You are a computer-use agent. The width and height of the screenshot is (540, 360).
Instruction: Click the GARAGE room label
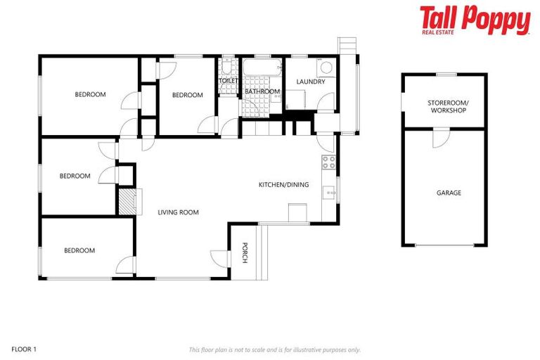click(x=449, y=193)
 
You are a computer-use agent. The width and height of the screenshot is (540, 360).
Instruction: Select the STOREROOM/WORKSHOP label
click(x=447, y=107)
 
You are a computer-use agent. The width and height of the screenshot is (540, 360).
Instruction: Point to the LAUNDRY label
click(x=310, y=82)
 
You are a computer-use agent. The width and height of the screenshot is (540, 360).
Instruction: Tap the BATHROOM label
click(x=262, y=91)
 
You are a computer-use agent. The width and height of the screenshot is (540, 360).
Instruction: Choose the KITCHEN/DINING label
click(x=283, y=185)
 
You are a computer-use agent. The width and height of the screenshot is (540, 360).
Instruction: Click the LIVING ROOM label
click(x=178, y=212)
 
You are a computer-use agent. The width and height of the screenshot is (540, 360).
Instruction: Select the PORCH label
click(x=245, y=253)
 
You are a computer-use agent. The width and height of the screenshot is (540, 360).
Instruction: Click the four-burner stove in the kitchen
click(x=328, y=162)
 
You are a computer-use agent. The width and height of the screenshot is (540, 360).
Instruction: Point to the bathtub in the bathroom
click(x=262, y=69)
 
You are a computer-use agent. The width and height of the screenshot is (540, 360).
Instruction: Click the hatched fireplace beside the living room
click(x=127, y=201)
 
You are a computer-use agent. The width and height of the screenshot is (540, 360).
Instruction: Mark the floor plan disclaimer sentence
click(x=274, y=349)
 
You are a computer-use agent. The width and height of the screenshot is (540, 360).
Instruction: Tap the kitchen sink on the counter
click(x=328, y=190)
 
